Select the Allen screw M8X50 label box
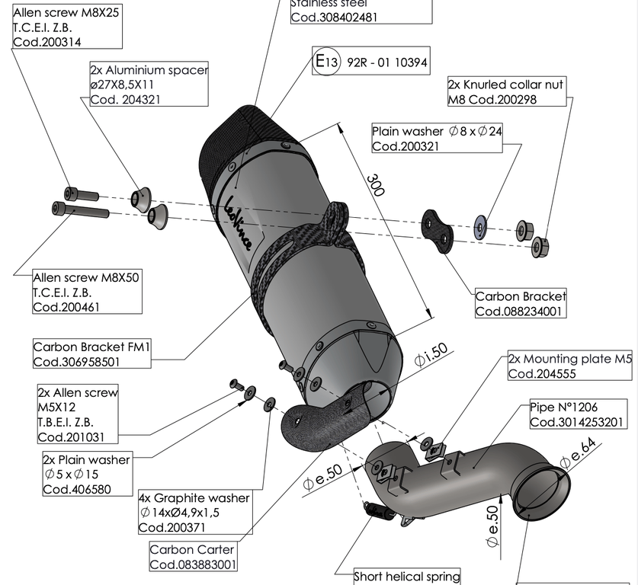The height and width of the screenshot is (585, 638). [87, 291]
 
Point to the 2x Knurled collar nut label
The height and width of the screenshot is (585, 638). [506, 93]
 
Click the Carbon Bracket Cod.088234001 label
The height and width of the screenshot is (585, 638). [521, 303]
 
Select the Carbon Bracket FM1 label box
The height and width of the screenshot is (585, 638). [92, 355]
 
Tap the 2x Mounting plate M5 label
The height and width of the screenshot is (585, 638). [570, 366]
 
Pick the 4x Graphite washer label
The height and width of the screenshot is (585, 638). [194, 512]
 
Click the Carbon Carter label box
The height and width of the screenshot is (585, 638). [193, 557]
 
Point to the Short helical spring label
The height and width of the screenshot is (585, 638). [408, 576]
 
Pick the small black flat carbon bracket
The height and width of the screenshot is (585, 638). [437, 232]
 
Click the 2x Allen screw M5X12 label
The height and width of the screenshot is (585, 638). [78, 414]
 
